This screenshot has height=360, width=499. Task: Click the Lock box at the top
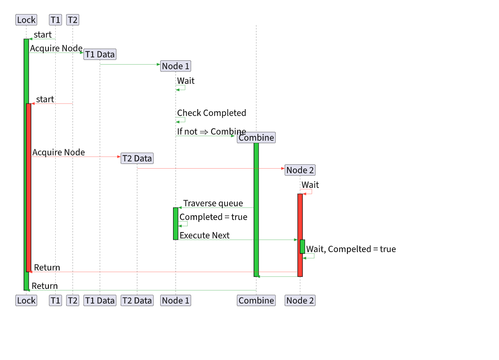26,20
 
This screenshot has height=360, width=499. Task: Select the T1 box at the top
55,20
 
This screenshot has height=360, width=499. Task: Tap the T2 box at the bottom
72,300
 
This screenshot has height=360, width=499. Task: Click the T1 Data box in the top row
100,54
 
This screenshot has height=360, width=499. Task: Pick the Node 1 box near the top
176,66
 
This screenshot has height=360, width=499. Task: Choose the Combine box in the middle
256,137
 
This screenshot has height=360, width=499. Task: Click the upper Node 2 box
300,170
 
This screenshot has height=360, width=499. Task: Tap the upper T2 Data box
137,158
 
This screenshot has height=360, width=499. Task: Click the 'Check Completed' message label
212,113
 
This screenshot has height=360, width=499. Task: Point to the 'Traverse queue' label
213,203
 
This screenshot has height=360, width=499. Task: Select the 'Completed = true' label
213,217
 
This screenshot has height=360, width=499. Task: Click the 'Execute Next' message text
204,235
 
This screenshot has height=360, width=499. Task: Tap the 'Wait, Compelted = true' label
351,249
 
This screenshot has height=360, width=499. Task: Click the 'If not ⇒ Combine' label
212,132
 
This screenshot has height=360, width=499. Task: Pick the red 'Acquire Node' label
59,152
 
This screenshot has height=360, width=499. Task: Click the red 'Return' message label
47,268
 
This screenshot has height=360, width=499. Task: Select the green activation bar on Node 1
176,223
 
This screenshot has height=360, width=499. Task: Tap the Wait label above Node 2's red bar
310,185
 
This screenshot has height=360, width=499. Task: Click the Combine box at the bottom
256,300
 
